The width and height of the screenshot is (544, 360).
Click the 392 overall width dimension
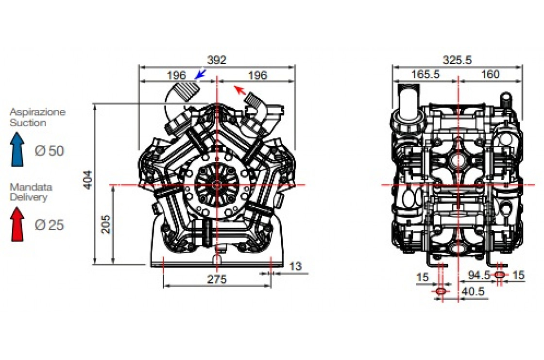(x=217, y=60)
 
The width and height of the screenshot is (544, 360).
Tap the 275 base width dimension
(x=217, y=280)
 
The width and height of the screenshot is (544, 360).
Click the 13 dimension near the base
(x=295, y=266)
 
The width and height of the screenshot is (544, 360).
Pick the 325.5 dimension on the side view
(x=457, y=60)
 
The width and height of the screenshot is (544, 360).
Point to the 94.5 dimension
(x=479, y=275)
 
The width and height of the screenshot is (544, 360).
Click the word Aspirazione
(x=37, y=112)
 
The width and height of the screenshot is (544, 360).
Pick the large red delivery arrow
(x=17, y=224)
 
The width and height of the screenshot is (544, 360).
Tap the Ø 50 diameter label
(x=49, y=151)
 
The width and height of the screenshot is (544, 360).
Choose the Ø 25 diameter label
(x=49, y=225)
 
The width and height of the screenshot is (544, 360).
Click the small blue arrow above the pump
(x=200, y=74)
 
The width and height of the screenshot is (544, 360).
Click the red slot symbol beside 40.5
(x=441, y=291)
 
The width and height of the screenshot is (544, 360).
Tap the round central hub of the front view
(x=216, y=185)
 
